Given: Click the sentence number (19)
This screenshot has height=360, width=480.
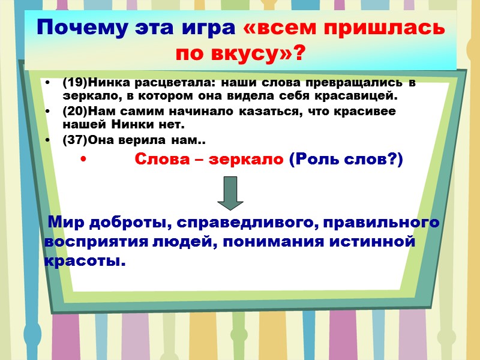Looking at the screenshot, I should [75, 83].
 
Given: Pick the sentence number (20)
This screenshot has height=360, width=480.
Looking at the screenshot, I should [75, 112].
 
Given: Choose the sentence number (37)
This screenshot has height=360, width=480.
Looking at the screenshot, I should [75, 140].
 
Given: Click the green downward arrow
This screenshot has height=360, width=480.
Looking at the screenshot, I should [230, 194].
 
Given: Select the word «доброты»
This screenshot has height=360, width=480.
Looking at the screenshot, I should [125, 223].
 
